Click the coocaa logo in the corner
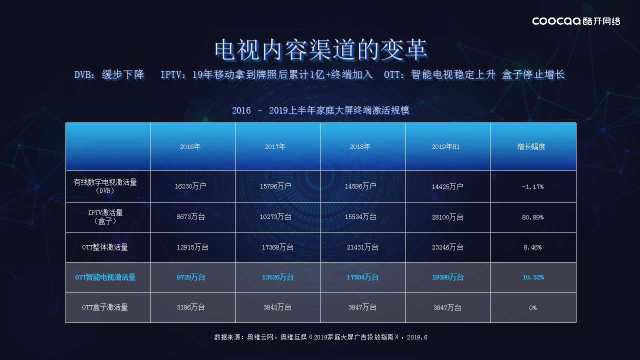click(576, 21)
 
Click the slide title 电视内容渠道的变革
click(321, 50)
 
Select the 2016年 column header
click(190, 147)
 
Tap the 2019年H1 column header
click(445, 147)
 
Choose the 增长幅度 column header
click(531, 147)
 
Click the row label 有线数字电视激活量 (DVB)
click(105, 186)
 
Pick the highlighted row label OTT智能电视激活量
click(105, 277)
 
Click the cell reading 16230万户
click(190, 186)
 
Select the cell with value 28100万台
click(447, 217)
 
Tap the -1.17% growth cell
click(532, 187)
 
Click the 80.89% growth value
click(532, 217)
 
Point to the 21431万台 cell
click(362, 247)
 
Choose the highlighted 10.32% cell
click(533, 277)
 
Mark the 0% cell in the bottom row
click(532, 307)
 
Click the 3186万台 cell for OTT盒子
click(190, 307)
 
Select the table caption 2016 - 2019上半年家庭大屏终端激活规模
click(320, 110)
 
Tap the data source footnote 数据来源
click(320, 337)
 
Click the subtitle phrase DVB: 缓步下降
click(109, 75)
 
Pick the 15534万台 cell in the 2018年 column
click(360, 217)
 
